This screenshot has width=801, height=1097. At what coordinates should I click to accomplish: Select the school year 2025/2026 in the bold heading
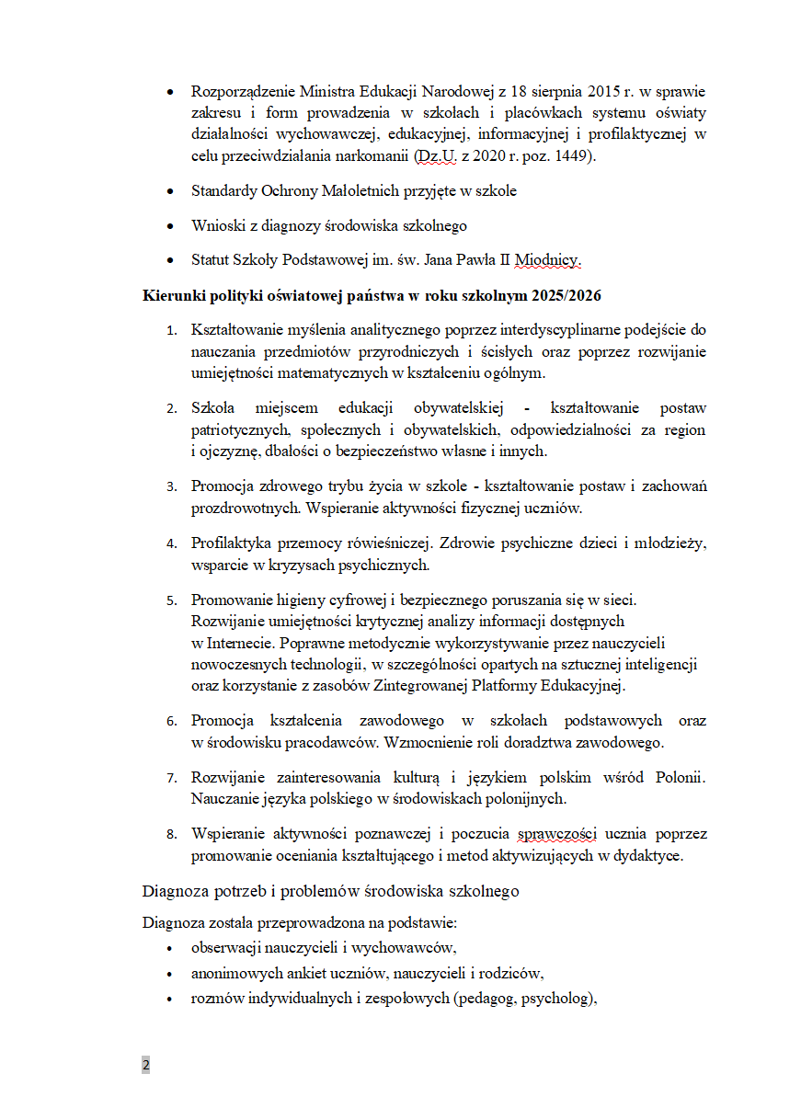pos(567,295)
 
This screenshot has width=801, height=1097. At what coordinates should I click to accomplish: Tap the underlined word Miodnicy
pos(548,260)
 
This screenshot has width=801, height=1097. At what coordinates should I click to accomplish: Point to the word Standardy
pos(223,191)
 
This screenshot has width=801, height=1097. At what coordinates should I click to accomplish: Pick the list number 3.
pos(171,486)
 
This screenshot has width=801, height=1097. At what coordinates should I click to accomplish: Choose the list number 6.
pos(171,721)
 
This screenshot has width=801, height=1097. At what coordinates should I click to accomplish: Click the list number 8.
pos(171,835)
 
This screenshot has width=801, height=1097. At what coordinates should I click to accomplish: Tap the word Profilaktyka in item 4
pos(232,543)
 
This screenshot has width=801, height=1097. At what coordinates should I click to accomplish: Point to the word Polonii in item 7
pos(678,777)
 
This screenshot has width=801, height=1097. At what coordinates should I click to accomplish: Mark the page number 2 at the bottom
pos(145,1066)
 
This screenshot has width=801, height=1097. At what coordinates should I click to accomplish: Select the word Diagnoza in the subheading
pos(173,891)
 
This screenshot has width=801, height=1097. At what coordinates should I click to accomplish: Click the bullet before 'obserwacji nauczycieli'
pos(168,948)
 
